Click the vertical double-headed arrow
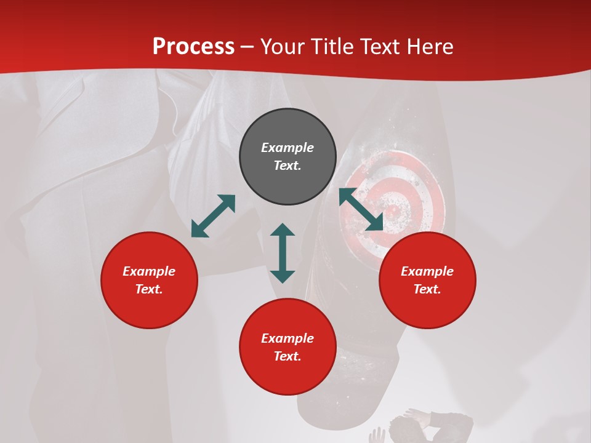coord(283,253)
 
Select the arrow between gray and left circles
coord(213,216)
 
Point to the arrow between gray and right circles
coord(361,209)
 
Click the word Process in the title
coord(193,47)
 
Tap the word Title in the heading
coord(332,47)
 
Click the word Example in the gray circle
coord(287,148)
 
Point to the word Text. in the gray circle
coord(287,166)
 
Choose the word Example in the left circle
coord(149,271)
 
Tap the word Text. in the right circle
coord(427,289)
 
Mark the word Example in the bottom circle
coord(287,338)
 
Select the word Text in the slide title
coord(380,47)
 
